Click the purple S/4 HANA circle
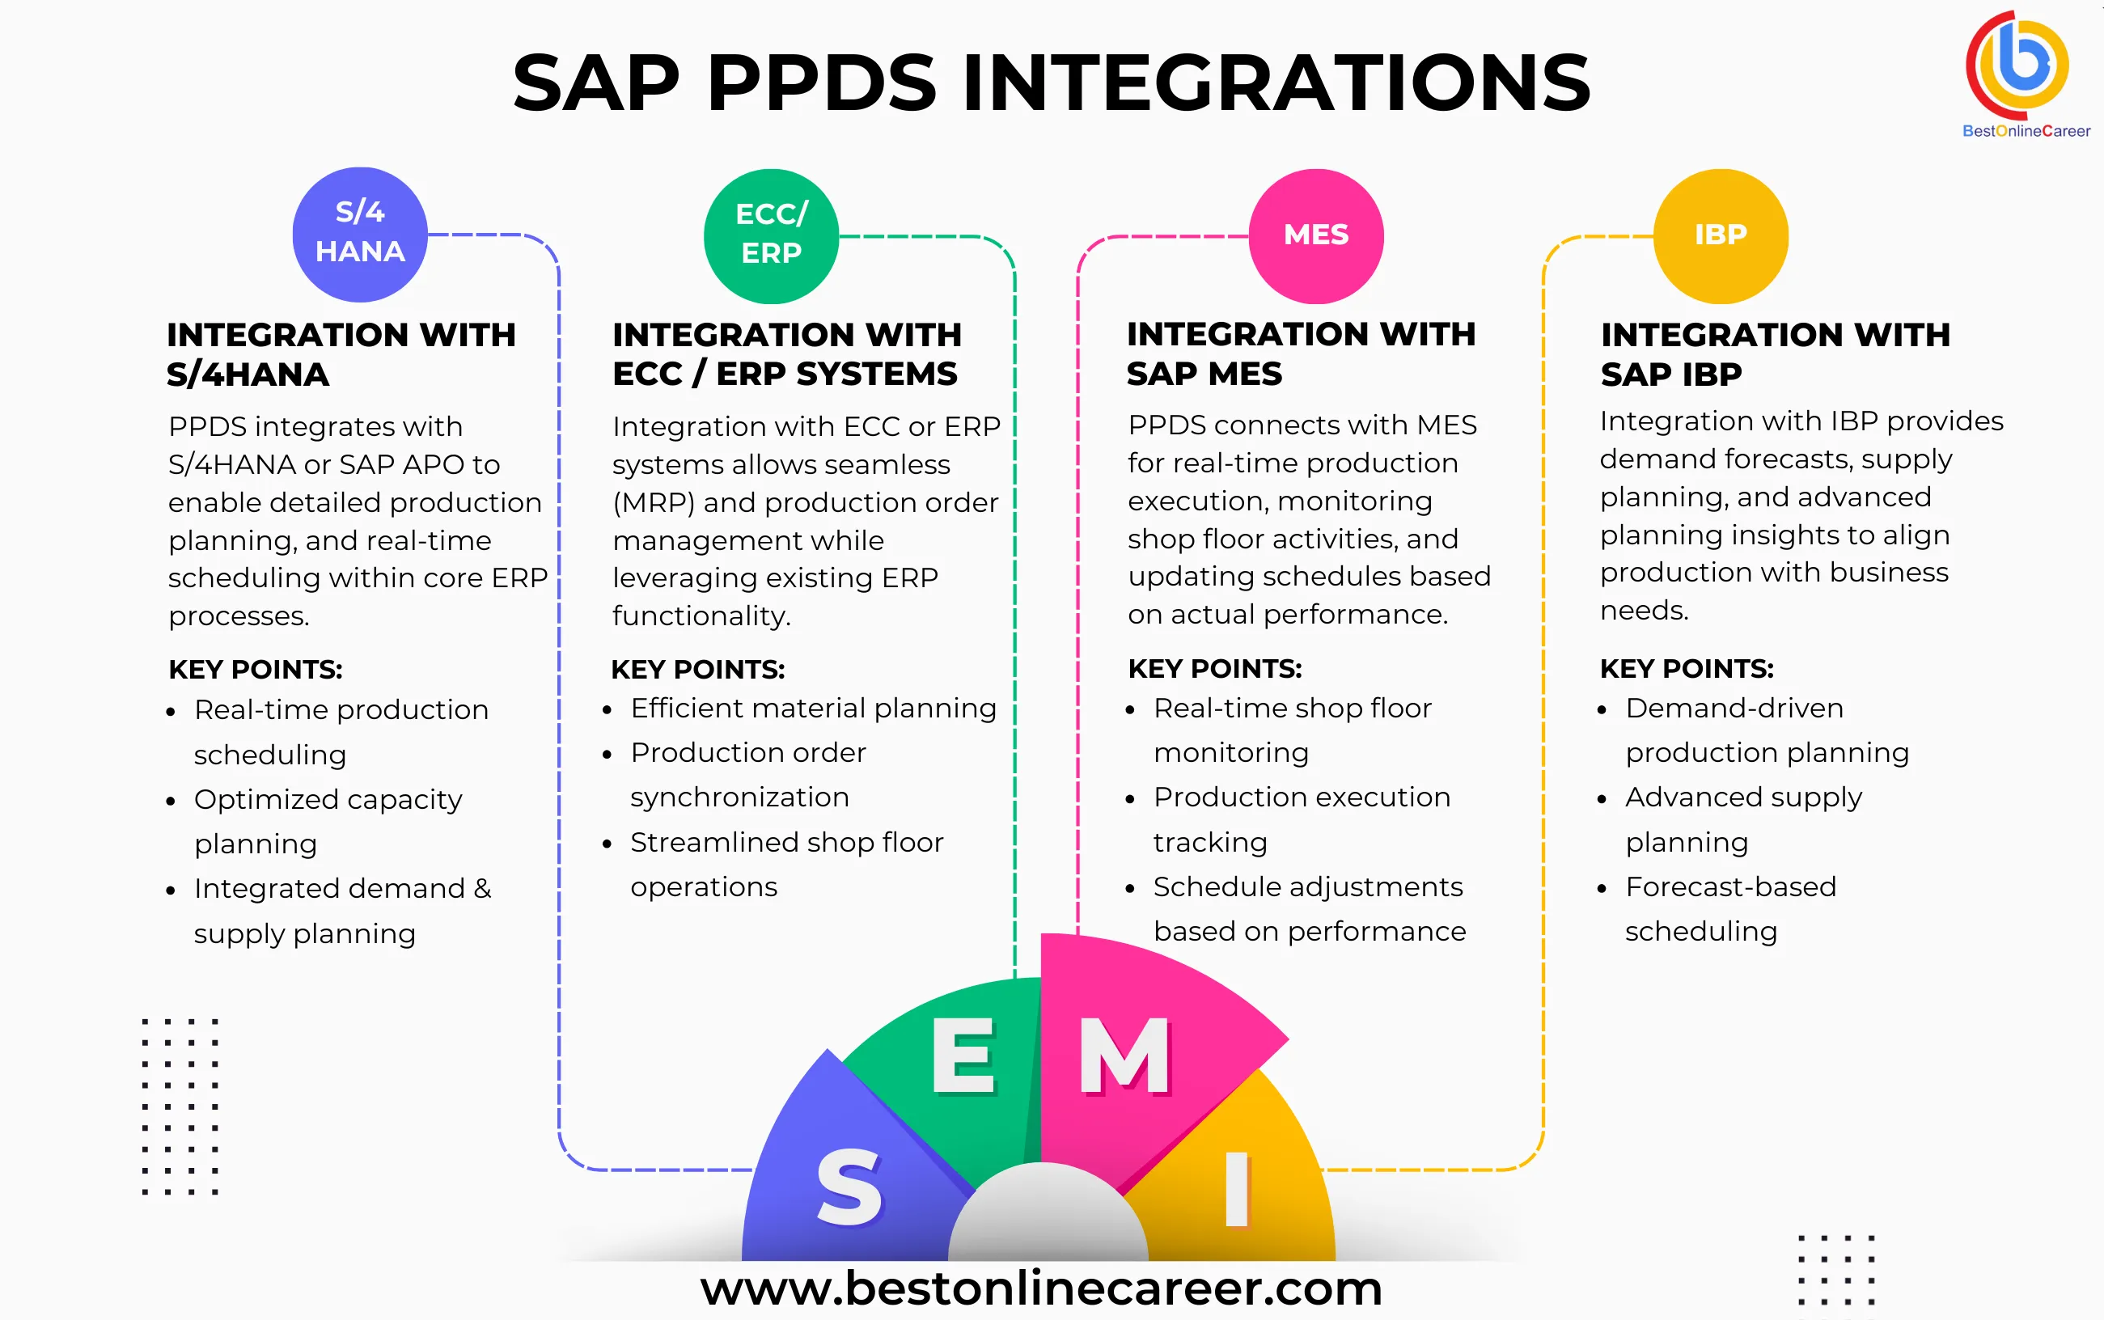(360, 234)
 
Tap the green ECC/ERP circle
(771, 235)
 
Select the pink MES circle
(1315, 235)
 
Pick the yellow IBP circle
(1720, 235)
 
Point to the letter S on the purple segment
(849, 1187)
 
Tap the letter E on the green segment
(962, 1056)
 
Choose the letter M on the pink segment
(1124, 1056)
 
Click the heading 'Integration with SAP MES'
(1301, 353)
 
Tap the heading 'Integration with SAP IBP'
(1774, 353)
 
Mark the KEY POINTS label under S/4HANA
(255, 670)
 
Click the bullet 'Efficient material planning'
(813, 708)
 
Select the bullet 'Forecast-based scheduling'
(1729, 909)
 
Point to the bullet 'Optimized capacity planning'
(328, 821)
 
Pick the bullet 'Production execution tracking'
(1301, 819)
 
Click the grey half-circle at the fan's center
(1048, 1218)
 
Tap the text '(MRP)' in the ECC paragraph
(653, 503)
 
